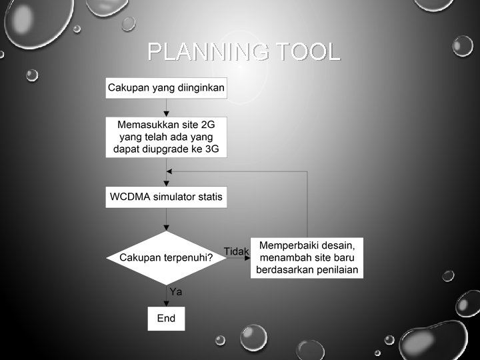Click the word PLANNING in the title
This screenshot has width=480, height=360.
208,51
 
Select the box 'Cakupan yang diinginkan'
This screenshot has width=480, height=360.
167,87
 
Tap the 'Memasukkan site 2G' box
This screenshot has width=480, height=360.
167,137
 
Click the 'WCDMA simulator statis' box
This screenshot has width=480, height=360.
167,197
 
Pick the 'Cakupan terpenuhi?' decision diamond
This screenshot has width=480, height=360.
166,257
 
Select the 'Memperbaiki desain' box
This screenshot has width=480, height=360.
307,257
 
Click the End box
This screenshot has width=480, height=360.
166,318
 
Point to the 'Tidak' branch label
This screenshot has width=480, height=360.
235,251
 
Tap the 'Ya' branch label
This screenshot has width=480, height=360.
176,291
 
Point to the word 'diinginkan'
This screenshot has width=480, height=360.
200,87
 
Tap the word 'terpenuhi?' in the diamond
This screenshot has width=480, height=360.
188,257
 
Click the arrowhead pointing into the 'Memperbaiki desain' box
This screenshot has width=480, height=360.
247,257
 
